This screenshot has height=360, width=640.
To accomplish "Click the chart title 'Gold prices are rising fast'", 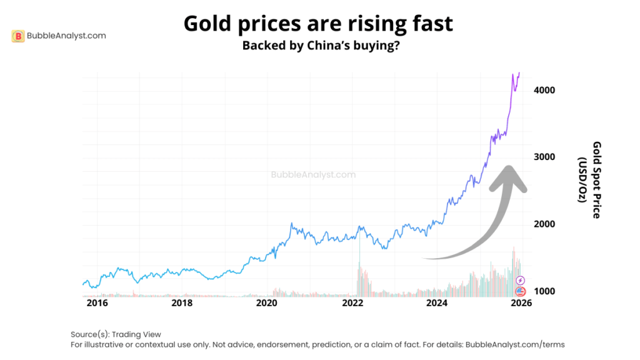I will click(318, 24).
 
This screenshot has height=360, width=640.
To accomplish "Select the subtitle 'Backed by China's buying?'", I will click(321, 47).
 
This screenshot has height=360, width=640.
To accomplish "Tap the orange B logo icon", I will click(18, 36).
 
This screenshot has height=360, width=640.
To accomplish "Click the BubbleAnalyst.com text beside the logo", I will click(66, 36).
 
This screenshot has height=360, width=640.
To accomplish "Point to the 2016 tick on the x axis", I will click(97, 303).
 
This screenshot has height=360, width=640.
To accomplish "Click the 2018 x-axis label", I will click(182, 303).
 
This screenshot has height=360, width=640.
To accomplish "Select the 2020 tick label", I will click(267, 303).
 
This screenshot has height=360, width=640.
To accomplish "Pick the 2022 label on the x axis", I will click(352, 303).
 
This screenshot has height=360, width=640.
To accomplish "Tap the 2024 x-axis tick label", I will click(437, 303).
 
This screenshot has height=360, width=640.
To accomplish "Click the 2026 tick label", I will click(521, 303).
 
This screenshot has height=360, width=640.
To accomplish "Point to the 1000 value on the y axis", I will click(544, 291).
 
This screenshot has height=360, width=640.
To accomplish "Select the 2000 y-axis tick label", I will click(544, 224).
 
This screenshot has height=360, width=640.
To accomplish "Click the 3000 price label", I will click(544, 157).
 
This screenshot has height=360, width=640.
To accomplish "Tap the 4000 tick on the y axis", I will click(544, 90).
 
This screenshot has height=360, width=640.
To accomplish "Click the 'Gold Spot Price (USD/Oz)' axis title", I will click(590, 179).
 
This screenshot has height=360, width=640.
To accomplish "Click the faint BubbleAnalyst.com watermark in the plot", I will click(313, 175).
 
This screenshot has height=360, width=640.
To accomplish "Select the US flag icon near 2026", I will click(520, 292).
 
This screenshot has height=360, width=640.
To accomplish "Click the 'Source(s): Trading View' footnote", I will click(116, 334).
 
